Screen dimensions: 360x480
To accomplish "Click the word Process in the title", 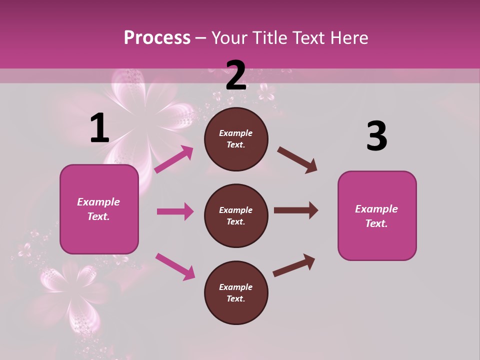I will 157,38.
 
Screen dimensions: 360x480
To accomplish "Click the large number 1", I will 99,128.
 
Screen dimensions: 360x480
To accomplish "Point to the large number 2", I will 236,75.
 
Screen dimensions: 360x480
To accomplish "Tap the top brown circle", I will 236,139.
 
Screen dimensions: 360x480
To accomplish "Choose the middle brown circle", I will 236,215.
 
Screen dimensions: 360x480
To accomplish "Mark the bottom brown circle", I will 236,292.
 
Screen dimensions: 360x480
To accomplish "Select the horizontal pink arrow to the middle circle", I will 175,211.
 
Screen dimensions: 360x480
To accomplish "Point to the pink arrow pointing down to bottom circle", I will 175,266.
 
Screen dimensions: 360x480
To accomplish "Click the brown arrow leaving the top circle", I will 297,160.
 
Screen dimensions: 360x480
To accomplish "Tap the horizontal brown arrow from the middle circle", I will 295,210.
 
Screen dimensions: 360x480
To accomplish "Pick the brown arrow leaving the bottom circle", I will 294,265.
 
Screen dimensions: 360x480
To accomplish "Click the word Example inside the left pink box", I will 98,202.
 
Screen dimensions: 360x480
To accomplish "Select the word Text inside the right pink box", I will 376,223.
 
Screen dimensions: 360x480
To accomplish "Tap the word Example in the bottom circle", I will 235,287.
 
